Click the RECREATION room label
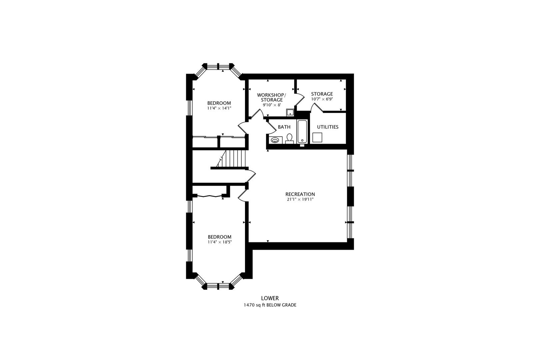(300, 194)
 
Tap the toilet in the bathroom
(289, 139)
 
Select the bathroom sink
(275, 140)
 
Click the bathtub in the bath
(302, 132)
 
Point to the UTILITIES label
(328, 127)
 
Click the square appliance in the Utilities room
(317, 137)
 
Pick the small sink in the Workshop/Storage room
(290, 113)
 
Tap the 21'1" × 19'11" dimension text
(300, 199)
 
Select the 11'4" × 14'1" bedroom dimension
(219, 108)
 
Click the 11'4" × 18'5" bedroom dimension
(220, 242)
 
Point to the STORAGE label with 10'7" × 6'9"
(322, 94)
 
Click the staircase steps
(232, 158)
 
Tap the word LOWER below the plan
(270, 298)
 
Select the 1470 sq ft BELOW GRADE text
(270, 305)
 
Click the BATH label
(284, 127)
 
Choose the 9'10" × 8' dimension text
(272, 105)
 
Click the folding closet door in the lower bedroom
(209, 196)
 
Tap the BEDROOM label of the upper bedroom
(219, 103)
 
